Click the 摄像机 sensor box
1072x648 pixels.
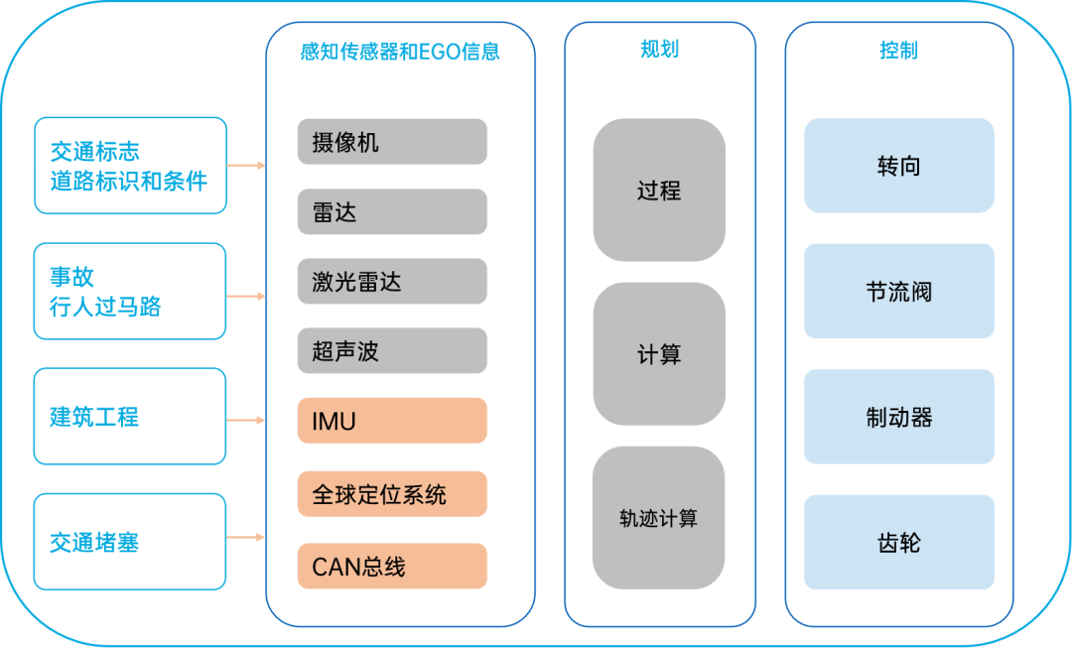(x=392, y=142)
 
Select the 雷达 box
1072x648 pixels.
(x=392, y=211)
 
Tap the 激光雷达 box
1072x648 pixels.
(x=392, y=282)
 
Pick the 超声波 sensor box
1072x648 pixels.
(x=392, y=351)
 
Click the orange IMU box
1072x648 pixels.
(x=392, y=421)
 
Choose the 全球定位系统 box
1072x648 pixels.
(x=392, y=494)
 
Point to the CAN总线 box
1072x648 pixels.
(x=392, y=567)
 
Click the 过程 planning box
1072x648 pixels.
(x=659, y=190)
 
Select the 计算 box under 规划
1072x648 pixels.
(x=659, y=354)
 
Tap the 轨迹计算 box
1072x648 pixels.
(x=659, y=518)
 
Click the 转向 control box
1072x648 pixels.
(x=898, y=166)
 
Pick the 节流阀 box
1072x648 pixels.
(x=898, y=292)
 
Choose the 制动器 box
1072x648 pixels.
(x=898, y=417)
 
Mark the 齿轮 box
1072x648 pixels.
(x=898, y=543)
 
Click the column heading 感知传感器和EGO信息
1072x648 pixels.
(x=400, y=52)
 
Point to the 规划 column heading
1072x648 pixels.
(x=659, y=50)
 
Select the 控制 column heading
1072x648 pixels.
(x=898, y=51)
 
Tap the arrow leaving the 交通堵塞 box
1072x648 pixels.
(x=246, y=538)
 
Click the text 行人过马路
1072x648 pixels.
(x=105, y=307)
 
